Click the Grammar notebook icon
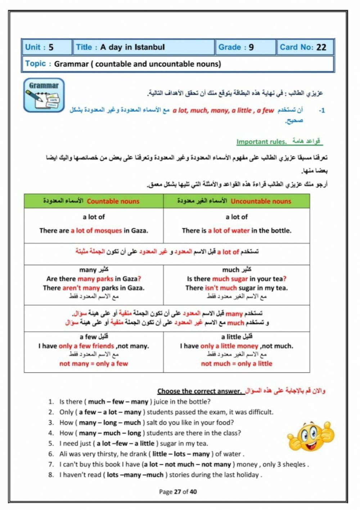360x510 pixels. tap(44, 95)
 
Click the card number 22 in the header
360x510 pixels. tap(321, 47)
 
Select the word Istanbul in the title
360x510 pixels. tap(149, 47)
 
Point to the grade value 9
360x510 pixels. tap(251, 47)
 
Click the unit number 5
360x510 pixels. tap(51, 47)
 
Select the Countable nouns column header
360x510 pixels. tap(113, 201)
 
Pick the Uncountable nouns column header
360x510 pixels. tap(261, 201)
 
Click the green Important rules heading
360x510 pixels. tap(261, 141)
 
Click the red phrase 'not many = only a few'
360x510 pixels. tap(94, 364)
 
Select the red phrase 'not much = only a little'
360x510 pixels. tap(237, 364)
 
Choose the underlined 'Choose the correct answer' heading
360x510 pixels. tap(199, 391)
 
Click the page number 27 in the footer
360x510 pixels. tap(177, 492)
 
